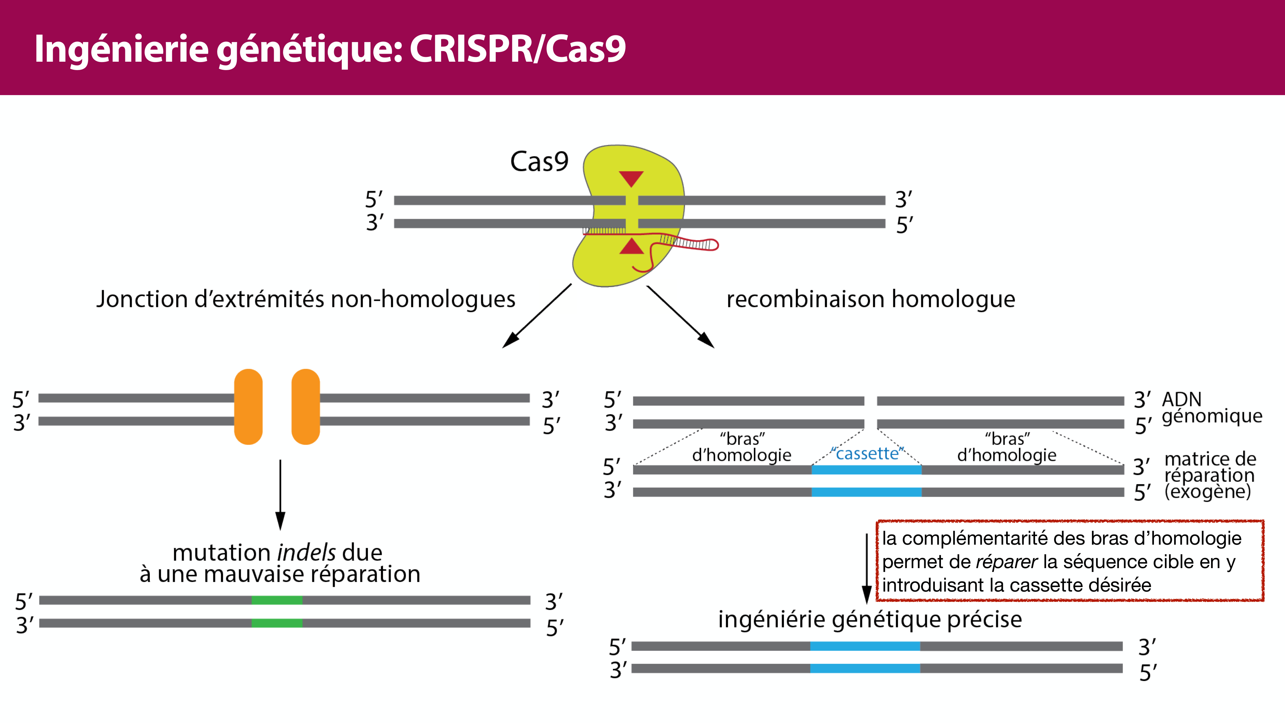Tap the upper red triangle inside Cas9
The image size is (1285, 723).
pos(631,178)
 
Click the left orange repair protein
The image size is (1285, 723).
pos(248,407)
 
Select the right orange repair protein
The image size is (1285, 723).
pos(305,407)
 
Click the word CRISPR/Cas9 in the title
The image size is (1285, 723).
pos(517,49)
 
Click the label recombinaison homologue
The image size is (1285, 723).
pos(871,299)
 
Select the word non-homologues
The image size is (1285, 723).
pos(423,299)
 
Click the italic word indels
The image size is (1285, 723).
pos(306,553)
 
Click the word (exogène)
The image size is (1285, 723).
pos(1208,492)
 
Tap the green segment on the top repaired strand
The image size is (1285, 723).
pos(277,600)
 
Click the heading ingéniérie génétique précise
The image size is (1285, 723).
pos(870,619)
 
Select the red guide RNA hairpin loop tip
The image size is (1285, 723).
pos(714,245)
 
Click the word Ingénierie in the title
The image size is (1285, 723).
pos(121,49)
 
